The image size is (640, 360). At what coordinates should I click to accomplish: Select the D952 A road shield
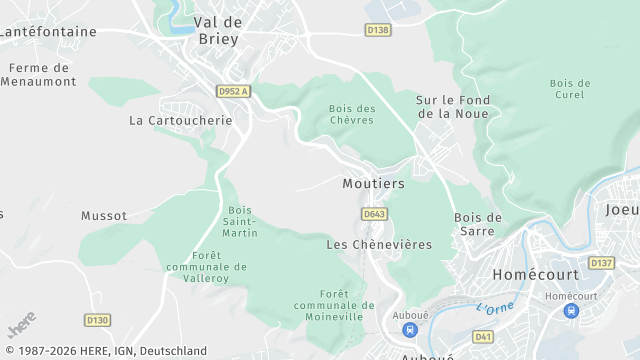coord(233,91)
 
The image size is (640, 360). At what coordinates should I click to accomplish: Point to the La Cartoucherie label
coord(181,120)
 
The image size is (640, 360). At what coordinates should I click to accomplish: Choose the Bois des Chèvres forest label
coord(352,114)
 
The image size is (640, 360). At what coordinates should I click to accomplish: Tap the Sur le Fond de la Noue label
coord(452,106)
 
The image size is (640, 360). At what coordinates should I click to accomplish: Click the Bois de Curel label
coord(570,88)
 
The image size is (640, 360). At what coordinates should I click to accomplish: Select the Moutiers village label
coord(373,184)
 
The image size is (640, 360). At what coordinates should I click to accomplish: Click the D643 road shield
coord(374,214)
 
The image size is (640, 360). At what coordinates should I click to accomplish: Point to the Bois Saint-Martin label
coord(240,221)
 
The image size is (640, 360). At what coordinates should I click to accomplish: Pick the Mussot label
coord(104,215)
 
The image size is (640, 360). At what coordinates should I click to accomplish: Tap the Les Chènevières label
coord(379,244)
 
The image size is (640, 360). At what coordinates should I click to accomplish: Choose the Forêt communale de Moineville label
coord(334,305)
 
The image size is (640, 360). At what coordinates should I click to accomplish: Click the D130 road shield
coord(97,320)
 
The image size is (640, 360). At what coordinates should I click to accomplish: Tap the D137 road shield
coord(601,263)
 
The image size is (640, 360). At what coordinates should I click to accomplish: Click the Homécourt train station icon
coord(571,311)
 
